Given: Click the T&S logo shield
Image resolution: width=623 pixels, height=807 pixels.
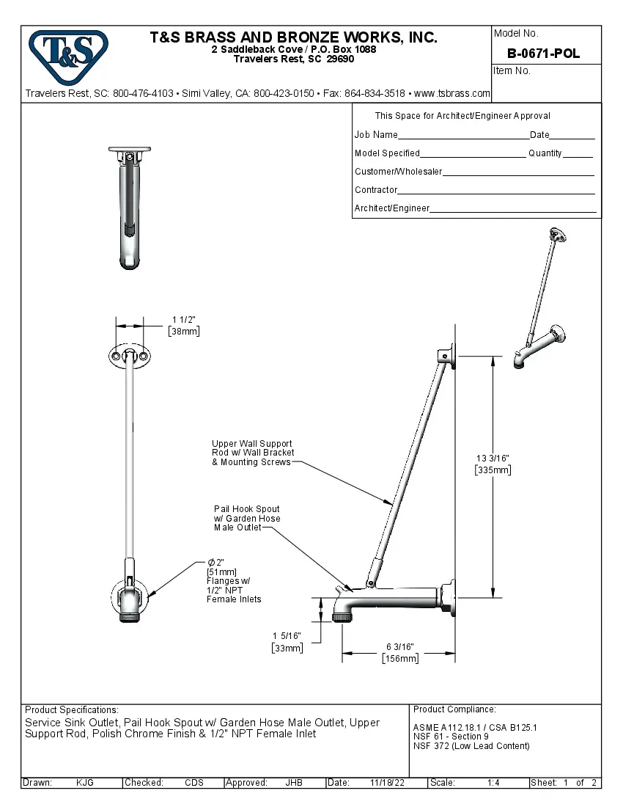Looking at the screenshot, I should tap(67, 57).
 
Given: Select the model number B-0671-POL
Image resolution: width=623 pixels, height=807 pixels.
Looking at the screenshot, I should tap(543, 54).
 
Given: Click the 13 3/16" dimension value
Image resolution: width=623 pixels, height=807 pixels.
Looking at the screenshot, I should tap(493, 459).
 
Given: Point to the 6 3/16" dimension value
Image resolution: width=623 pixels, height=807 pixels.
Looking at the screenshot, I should tap(400, 647).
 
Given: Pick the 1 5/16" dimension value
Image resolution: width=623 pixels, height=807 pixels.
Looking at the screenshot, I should tap(287, 635).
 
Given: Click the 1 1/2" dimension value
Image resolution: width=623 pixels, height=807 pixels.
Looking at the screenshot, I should tap(184, 319).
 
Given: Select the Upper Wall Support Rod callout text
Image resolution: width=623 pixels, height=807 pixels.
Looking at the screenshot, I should tap(253, 453).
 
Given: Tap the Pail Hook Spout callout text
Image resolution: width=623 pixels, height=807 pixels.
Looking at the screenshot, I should tap(247, 518).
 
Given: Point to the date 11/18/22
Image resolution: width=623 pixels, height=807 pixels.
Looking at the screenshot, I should tap(387, 783).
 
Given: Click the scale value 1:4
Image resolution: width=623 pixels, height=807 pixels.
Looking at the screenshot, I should tap(493, 783).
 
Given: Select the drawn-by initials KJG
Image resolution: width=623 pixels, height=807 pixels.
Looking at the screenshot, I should tap(85, 783).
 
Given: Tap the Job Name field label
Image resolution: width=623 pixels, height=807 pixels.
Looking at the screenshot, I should tap(376, 135).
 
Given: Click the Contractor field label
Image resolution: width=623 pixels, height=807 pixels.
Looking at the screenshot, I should tap(376, 190).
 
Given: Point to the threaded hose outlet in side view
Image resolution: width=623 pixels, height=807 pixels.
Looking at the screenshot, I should tap(340, 617).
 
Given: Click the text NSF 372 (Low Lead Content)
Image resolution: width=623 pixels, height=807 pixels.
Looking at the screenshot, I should tap(471, 746).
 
